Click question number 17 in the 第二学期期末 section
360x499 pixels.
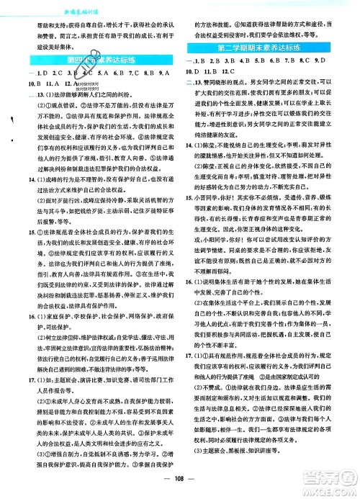pos(190,375)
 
